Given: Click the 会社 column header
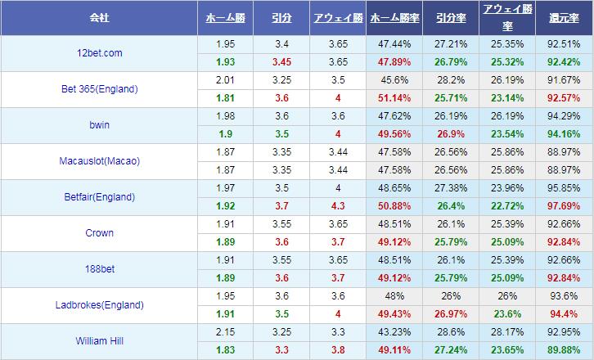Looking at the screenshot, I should click(x=100, y=16).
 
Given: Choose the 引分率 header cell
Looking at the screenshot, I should click(x=451, y=16).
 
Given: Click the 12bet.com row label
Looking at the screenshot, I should click(x=100, y=52).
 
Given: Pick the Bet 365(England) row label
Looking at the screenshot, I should click(x=100, y=88).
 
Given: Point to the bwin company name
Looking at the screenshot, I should click(x=100, y=124).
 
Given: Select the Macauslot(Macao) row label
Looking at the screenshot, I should click(x=100, y=160).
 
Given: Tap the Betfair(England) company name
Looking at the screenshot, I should click(x=100, y=196).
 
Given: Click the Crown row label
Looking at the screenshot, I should click(x=100, y=232).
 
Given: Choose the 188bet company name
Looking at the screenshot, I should click(x=100, y=268).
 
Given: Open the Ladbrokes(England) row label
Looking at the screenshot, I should click(x=100, y=304).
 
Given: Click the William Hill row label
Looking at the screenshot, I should click(x=100, y=340).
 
